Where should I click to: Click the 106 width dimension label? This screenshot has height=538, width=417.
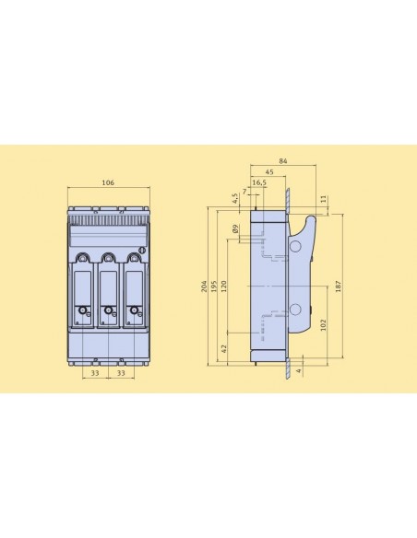click(108, 182)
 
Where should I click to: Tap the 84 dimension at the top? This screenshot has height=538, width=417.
click(282, 161)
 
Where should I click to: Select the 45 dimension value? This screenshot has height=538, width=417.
click(269, 172)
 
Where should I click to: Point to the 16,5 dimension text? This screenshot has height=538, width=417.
click(259, 182)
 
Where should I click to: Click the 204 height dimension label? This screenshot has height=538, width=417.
click(204, 287)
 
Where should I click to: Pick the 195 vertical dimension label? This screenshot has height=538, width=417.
click(214, 287)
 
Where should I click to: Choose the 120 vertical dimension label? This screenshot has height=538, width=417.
click(223, 286)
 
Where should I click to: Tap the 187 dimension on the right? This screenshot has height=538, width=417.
click(338, 286)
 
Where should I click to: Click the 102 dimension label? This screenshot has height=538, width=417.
click(323, 325)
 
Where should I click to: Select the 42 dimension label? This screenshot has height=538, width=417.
click(223, 349)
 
